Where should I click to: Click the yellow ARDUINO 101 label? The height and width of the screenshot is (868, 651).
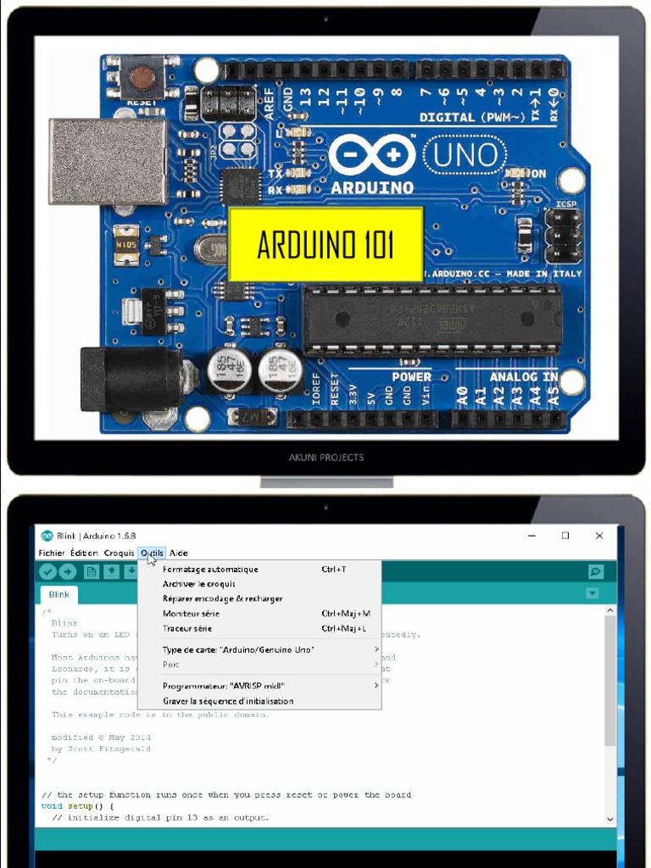(x=325, y=244)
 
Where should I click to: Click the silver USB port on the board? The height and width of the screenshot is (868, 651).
(x=108, y=161)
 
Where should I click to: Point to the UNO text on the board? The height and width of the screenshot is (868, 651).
(x=465, y=155)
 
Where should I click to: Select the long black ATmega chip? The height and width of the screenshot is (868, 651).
(x=432, y=320)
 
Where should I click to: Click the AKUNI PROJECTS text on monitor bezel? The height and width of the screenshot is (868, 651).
(x=326, y=458)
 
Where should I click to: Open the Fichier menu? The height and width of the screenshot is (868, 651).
(x=51, y=553)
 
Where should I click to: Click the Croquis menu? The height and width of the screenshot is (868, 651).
(x=119, y=553)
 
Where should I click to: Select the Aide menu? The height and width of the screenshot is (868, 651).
(x=179, y=553)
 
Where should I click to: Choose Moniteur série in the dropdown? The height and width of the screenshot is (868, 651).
(x=192, y=614)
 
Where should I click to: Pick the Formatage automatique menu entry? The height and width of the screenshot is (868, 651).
(x=210, y=570)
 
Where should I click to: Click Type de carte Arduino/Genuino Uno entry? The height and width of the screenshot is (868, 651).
(x=238, y=649)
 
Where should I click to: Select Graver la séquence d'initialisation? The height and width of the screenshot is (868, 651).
(x=228, y=701)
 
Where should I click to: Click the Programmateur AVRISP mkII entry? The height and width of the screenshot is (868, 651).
(x=224, y=686)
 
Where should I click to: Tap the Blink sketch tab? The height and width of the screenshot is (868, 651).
(x=59, y=595)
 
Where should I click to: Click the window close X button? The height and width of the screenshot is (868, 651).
(x=599, y=536)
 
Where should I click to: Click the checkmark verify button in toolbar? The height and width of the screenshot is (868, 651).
(x=47, y=572)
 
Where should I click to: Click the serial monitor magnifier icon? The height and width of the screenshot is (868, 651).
(x=596, y=572)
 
